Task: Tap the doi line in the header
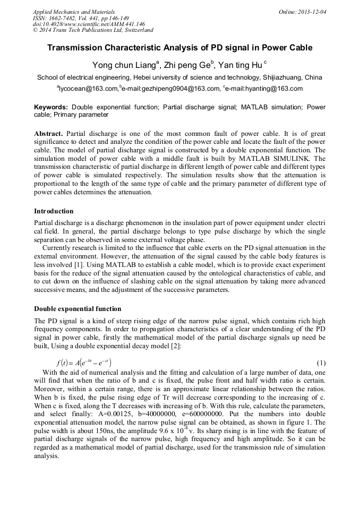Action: [x=89, y=24]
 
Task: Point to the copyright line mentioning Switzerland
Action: [x=93, y=30]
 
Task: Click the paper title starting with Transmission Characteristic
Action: [x=180, y=48]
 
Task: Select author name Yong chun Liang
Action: [x=124, y=66]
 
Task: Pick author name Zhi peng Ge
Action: [x=188, y=66]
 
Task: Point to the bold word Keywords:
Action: [x=51, y=107]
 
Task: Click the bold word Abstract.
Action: [x=49, y=133]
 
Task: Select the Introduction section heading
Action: [x=54, y=211]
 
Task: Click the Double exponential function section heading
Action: [x=78, y=309]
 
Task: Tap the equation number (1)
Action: [x=321, y=363]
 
